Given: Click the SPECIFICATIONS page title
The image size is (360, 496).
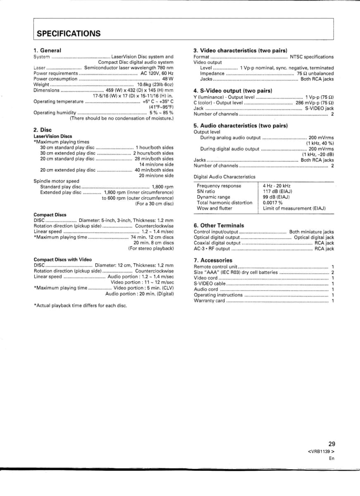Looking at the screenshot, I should (x=69, y=33).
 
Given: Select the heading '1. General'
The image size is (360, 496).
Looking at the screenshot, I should (x=47, y=50).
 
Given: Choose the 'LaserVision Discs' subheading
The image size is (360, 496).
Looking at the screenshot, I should (x=52, y=136).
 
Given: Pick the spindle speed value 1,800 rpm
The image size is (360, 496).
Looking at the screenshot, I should (x=163, y=187).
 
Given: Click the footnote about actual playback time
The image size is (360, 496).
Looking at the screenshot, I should (x=80, y=305).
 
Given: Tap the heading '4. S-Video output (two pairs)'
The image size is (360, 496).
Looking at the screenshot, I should (x=233, y=91).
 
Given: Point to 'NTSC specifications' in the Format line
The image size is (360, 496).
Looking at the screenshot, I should (x=312, y=57).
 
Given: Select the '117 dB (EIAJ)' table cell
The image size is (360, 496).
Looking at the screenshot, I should (x=278, y=191).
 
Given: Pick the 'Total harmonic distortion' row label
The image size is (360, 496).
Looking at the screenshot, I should (x=224, y=203).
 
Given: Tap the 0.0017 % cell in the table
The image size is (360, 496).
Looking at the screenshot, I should (x=273, y=203).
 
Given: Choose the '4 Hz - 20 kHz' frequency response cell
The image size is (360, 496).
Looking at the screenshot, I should (x=277, y=186).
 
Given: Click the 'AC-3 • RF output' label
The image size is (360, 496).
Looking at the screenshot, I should (x=212, y=249).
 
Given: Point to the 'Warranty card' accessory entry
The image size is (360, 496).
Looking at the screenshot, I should (x=210, y=300).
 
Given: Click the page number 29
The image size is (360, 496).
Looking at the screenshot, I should (x=331, y=444).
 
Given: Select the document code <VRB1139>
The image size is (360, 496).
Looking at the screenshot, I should (x=321, y=451).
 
